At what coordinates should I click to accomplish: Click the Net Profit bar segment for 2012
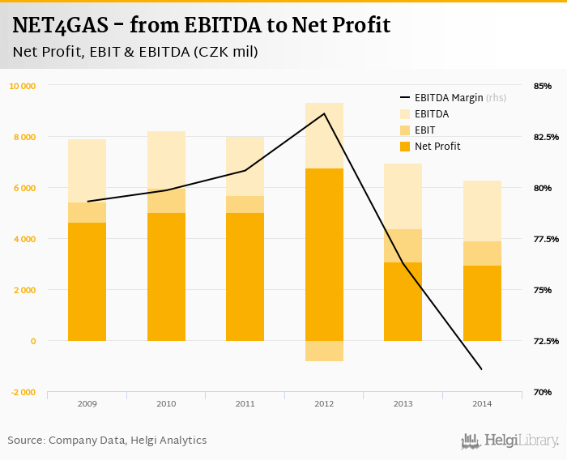[324, 254]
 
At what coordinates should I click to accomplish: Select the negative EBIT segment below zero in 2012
[324, 351]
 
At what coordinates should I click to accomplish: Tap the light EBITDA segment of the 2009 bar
[87, 171]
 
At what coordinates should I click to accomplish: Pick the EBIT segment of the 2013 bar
[403, 245]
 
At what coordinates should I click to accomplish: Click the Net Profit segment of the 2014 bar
[482, 303]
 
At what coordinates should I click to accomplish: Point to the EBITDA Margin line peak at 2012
[324, 113]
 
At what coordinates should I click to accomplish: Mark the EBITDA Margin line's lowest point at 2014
[482, 369]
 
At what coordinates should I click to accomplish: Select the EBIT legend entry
[424, 130]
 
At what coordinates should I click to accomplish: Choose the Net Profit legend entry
[437, 147]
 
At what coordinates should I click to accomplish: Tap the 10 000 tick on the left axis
[22, 86]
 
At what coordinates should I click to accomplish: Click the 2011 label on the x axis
[245, 403]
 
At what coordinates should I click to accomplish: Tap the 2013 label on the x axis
[403, 403]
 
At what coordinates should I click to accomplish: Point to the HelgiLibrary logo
[509, 441]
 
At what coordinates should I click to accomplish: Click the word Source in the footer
[26, 441]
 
